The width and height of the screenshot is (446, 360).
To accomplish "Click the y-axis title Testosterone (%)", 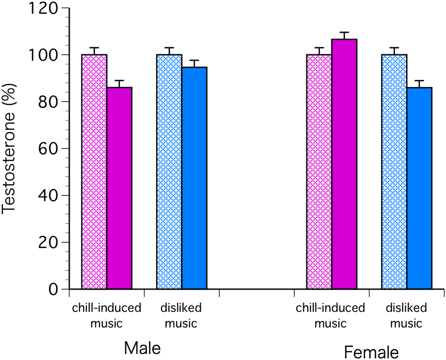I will [x=10, y=148].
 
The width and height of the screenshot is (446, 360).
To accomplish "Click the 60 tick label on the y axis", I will [x=50, y=148].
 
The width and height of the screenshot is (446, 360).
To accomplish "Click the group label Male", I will [x=142, y=348].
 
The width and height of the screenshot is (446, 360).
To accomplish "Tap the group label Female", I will [x=371, y=352].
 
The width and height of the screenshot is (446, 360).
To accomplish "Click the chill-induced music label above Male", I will [x=107, y=316].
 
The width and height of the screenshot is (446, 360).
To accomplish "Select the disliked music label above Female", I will [x=406, y=316].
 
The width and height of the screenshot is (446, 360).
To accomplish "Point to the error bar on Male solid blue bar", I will [x=194, y=63].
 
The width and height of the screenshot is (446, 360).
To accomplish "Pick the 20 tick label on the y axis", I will [x=50, y=242].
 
